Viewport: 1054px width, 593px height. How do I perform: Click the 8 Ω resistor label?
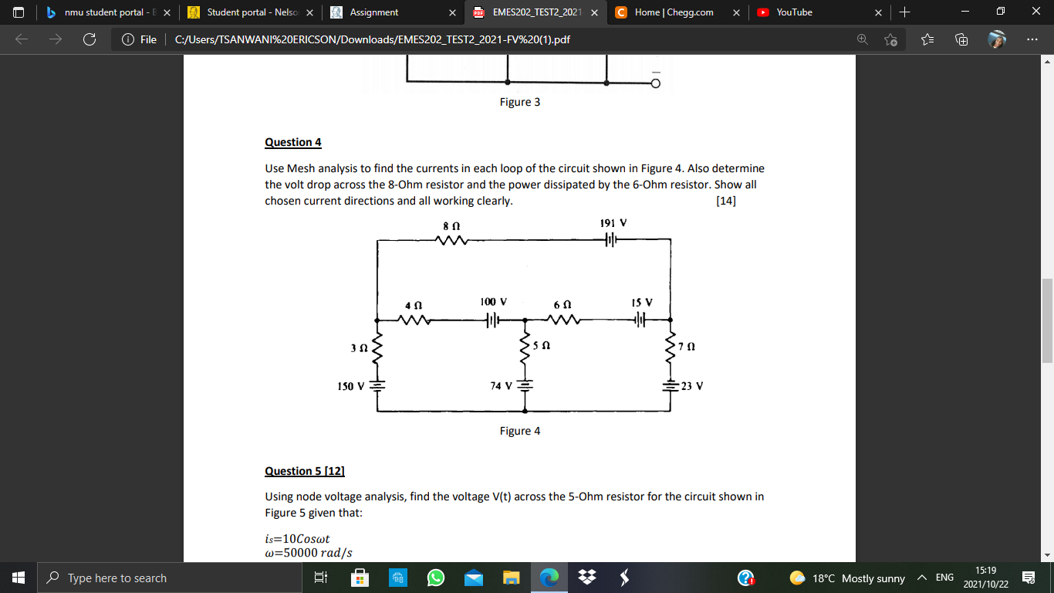point(451,225)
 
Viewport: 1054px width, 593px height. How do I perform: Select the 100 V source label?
point(493,302)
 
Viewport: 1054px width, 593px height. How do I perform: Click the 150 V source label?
point(351,386)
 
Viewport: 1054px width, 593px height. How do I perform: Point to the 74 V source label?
point(502,386)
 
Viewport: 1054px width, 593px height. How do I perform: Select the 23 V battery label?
point(692,386)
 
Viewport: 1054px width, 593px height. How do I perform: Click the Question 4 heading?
point(292,142)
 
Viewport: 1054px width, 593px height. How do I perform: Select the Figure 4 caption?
point(519,431)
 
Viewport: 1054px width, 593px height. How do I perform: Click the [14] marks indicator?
point(726,202)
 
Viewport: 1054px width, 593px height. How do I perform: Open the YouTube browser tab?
point(794,12)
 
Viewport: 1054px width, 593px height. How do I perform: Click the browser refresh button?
point(89,39)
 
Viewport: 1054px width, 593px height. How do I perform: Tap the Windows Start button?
point(18,578)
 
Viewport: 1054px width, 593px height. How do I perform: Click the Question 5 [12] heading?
point(305,471)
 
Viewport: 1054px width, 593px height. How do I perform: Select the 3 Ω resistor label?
point(359,347)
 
